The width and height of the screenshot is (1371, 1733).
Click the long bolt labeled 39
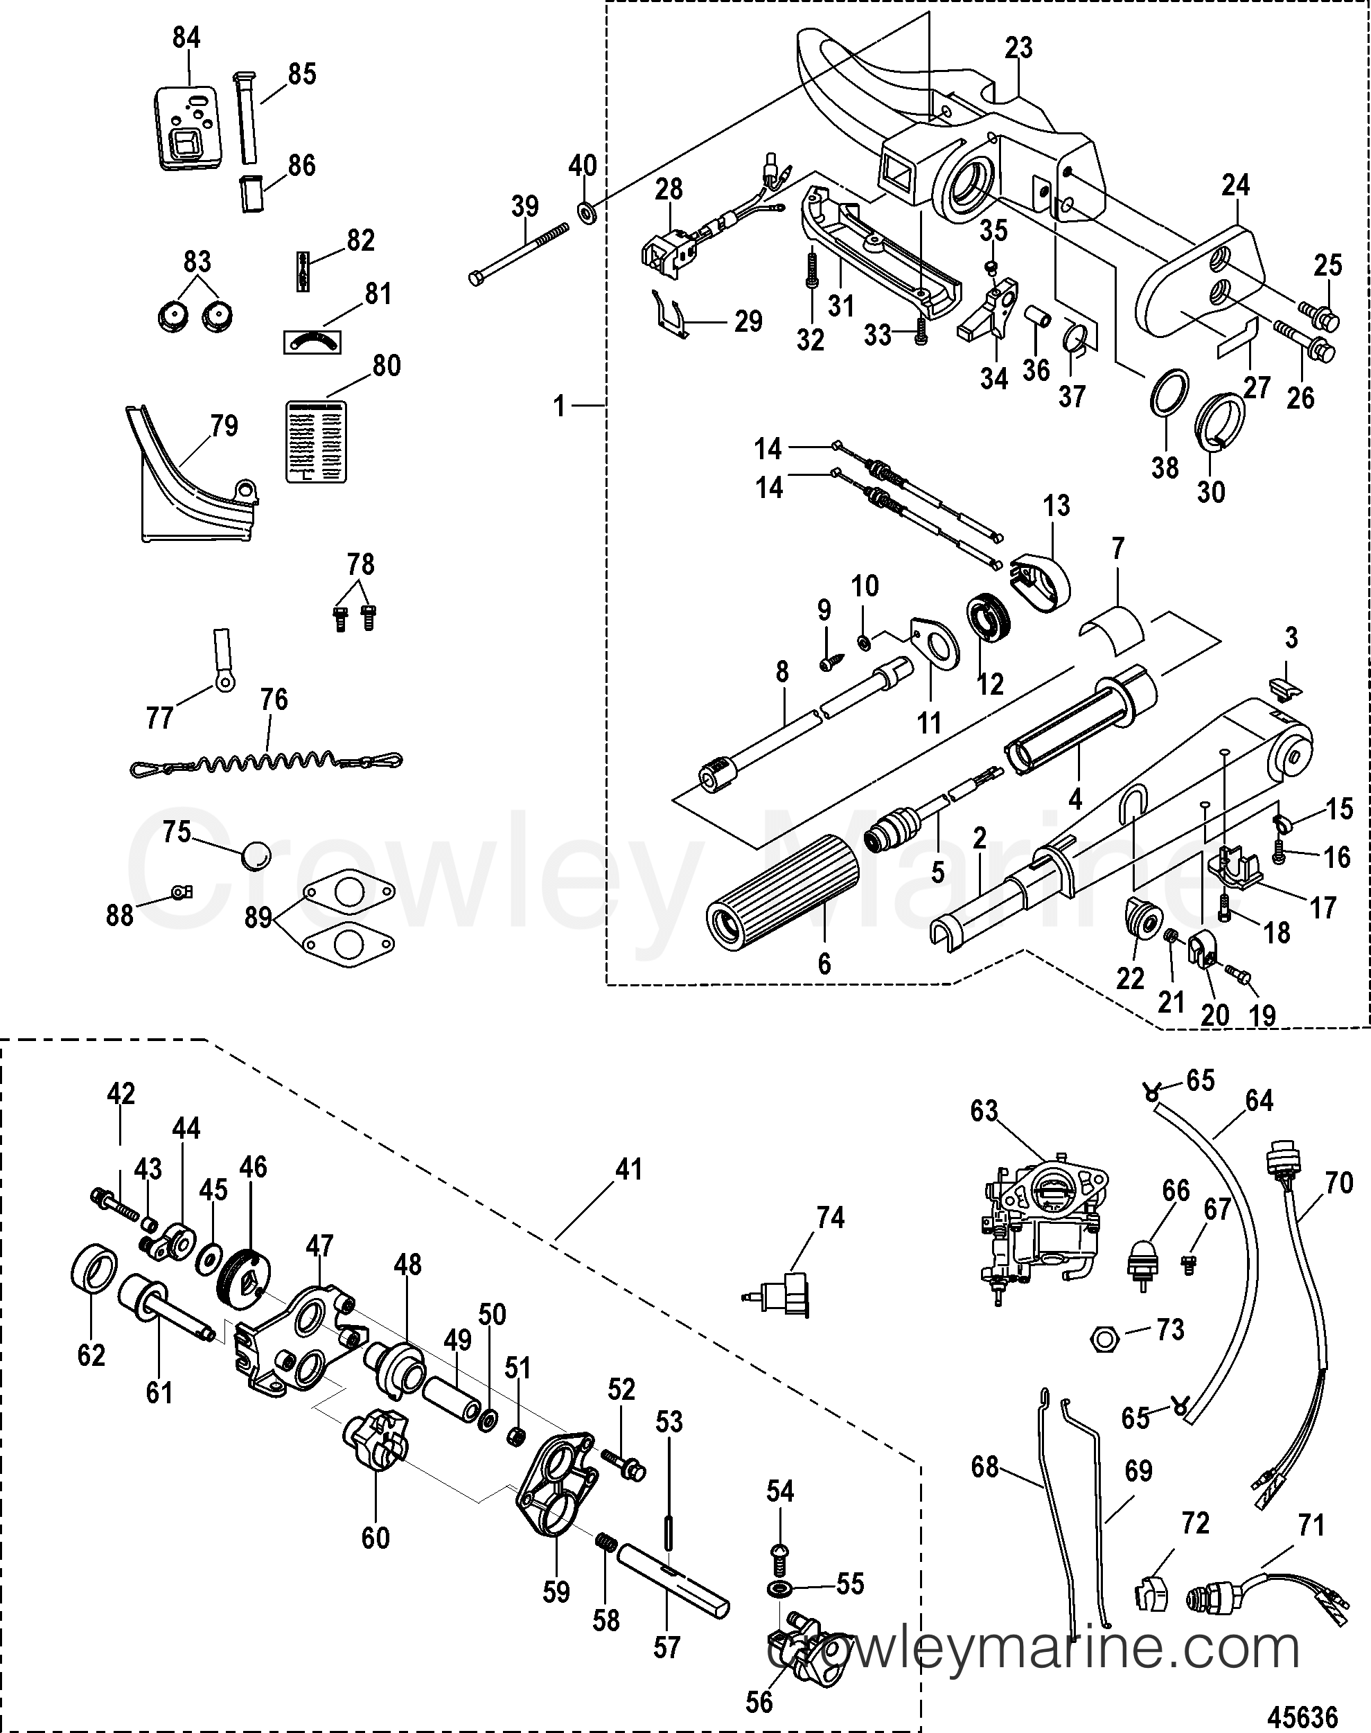click(x=518, y=254)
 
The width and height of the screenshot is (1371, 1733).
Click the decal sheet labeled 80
click(x=317, y=441)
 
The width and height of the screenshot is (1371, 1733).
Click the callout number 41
click(x=628, y=1170)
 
